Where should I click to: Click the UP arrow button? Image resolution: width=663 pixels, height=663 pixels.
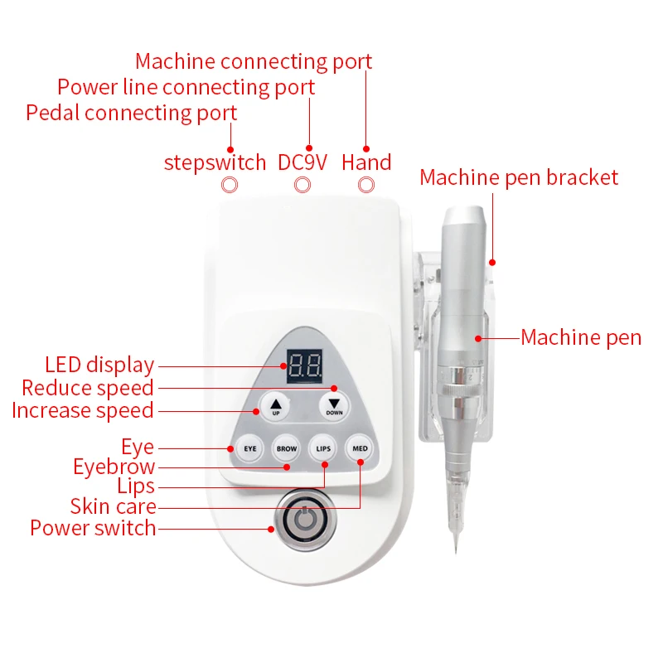[x=276, y=406]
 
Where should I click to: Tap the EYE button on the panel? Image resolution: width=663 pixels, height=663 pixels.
[x=248, y=448]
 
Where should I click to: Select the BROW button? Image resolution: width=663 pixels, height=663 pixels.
[x=286, y=448]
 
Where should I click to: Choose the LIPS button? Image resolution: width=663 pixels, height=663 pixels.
[x=323, y=448]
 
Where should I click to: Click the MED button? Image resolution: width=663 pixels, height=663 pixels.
[x=361, y=448]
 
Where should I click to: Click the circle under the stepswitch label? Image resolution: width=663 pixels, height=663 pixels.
[x=230, y=186]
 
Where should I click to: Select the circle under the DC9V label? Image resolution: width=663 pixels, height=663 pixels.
[x=304, y=186]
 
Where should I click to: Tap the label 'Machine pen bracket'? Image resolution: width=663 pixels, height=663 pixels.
[x=519, y=177]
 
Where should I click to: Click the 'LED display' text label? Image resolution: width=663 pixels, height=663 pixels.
[x=99, y=365]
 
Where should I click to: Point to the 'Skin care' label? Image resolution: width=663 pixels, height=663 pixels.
[x=113, y=506]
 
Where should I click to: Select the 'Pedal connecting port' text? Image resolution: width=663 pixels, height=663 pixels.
[x=132, y=113]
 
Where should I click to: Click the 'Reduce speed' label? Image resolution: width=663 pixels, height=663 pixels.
[x=88, y=388]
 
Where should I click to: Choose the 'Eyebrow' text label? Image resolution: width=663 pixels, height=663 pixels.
[x=114, y=467]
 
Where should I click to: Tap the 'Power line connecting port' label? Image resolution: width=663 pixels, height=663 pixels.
[x=186, y=87]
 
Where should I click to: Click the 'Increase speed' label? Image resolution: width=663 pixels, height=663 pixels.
[x=83, y=410]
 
